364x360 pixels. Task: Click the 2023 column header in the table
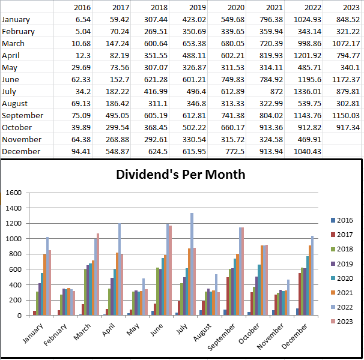(x=350, y=7)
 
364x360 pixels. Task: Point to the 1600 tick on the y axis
(x=13, y=193)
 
